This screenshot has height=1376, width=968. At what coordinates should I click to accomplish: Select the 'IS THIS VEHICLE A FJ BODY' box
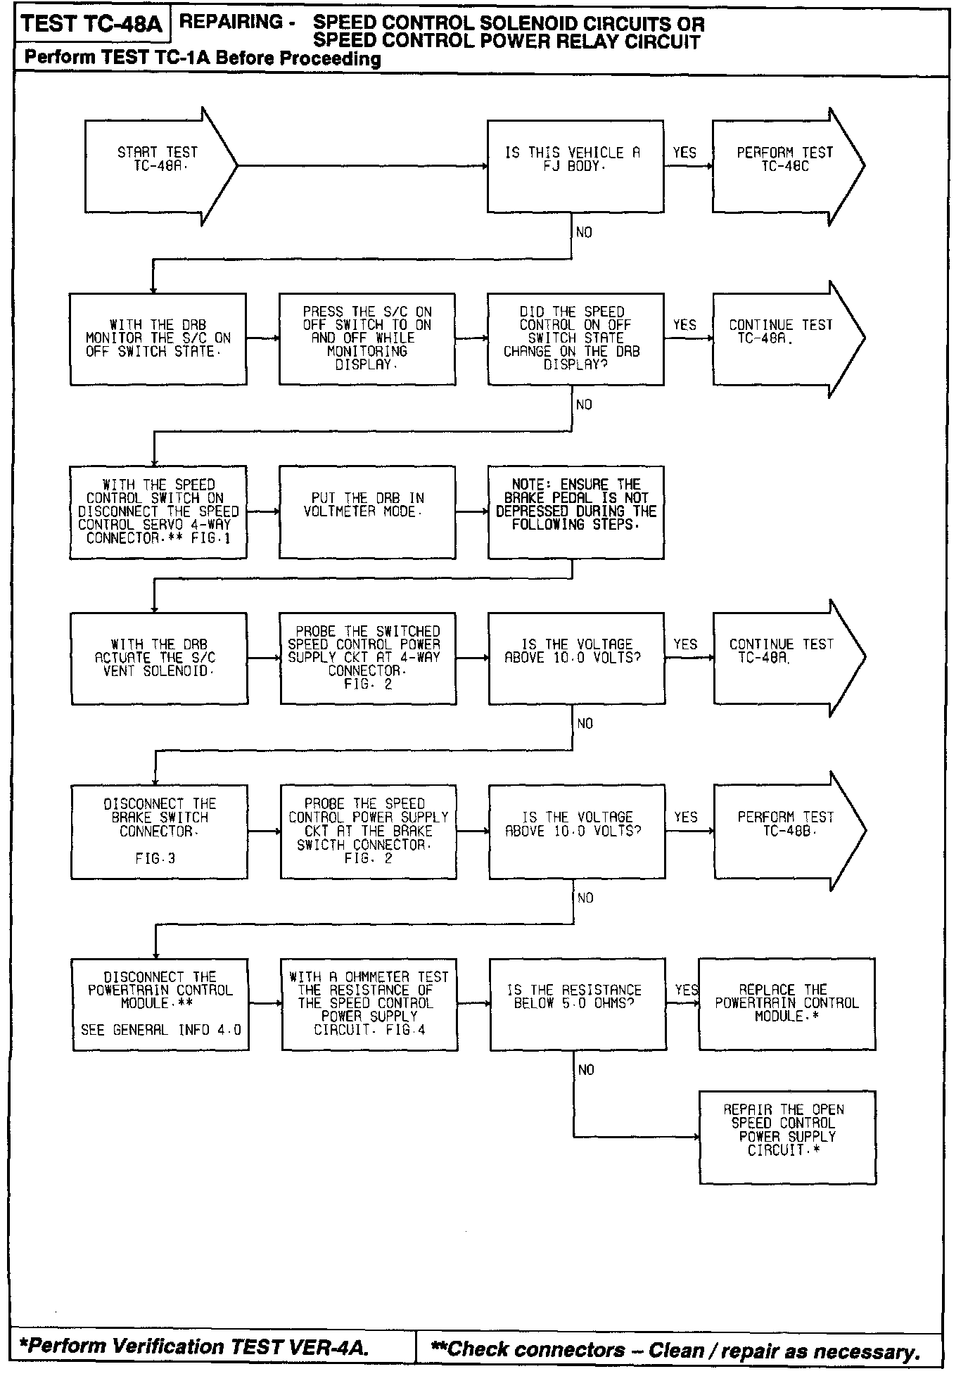point(575,166)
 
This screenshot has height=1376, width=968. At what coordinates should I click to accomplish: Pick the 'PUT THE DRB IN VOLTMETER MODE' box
point(367,511)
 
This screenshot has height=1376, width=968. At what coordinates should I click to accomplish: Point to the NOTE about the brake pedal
point(575,511)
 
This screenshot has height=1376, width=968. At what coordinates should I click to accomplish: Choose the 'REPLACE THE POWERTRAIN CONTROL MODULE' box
point(786,1004)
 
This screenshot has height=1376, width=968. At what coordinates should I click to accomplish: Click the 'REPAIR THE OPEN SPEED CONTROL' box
point(786,1137)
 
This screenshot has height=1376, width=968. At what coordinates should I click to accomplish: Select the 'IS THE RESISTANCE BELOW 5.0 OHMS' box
point(577,1004)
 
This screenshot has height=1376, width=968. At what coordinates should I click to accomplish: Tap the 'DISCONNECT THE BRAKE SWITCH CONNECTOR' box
point(159,832)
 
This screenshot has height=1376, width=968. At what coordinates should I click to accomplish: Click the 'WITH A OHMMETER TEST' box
point(369,1004)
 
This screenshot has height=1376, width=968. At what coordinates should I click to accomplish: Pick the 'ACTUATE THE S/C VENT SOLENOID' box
point(158,658)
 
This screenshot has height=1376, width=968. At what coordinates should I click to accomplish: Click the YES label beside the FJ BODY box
point(684,153)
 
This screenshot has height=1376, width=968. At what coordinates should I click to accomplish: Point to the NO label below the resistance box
point(586,1070)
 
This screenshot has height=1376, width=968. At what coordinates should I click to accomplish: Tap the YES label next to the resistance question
point(686,990)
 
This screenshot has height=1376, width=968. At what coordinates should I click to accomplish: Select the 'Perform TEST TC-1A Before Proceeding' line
point(203,58)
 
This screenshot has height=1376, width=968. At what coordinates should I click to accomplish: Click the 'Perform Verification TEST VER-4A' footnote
point(193,1346)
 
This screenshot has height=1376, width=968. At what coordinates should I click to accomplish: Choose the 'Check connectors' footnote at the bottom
point(675,1349)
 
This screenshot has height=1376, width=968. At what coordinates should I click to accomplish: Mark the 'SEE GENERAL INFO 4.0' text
point(160,1030)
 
